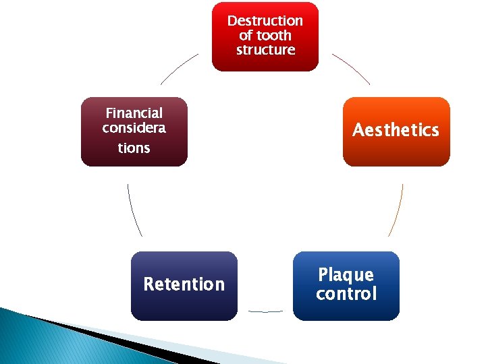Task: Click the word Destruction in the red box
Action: [265, 21]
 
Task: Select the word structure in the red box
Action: [265, 50]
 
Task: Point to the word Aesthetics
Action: [396, 130]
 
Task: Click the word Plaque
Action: [346, 274]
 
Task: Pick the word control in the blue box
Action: [346, 294]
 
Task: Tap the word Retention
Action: [184, 284]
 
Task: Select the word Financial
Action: [134, 113]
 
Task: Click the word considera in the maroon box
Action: [134, 128]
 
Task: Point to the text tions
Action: [134, 148]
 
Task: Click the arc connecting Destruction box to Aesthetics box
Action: [352, 68]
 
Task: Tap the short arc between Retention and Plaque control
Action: [265, 311]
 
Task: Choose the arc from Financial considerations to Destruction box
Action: [179, 68]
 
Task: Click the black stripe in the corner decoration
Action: [101, 334]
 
